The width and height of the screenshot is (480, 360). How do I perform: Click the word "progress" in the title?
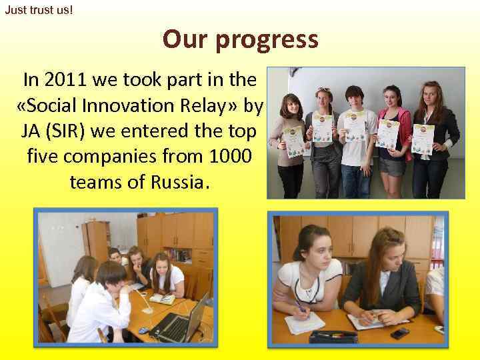[266, 40]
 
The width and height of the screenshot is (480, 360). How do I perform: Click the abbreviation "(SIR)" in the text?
[86, 132]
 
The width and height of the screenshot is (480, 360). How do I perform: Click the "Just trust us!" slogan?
[39, 11]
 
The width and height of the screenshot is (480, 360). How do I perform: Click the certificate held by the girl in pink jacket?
[386, 133]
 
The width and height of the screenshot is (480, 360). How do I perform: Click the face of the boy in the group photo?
[354, 98]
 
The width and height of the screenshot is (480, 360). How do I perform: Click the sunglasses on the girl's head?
[325, 89]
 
